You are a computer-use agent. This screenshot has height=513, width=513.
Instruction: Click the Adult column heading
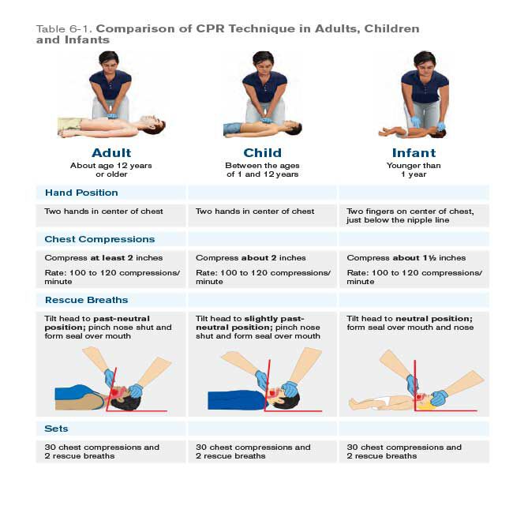coord(111,152)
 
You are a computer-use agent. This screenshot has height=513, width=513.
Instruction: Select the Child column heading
coord(262,152)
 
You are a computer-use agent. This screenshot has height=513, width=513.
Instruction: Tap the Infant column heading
coord(414,152)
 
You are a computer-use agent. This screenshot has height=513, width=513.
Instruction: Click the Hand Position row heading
coord(81,193)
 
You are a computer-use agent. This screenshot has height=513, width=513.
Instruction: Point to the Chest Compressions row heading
coord(99,239)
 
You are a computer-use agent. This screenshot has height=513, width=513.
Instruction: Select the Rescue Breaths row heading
coord(86,300)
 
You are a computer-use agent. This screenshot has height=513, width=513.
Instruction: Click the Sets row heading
coord(57,429)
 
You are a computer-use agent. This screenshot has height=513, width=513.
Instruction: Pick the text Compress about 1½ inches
coord(406,258)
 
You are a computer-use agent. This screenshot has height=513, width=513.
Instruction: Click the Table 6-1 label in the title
coord(65,28)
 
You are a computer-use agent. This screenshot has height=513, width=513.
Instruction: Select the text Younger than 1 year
coord(414,170)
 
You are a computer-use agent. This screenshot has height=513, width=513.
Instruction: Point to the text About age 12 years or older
coord(111,170)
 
